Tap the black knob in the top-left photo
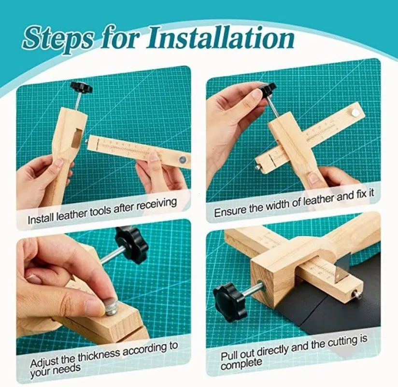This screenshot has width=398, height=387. pyautogui.click(x=81, y=88)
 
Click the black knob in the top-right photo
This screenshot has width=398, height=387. pyautogui.click(x=267, y=89)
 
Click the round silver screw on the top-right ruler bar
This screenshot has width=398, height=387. pyautogui.click(x=355, y=112)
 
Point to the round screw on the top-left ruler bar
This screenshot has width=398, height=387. pyautogui.click(x=182, y=159)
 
